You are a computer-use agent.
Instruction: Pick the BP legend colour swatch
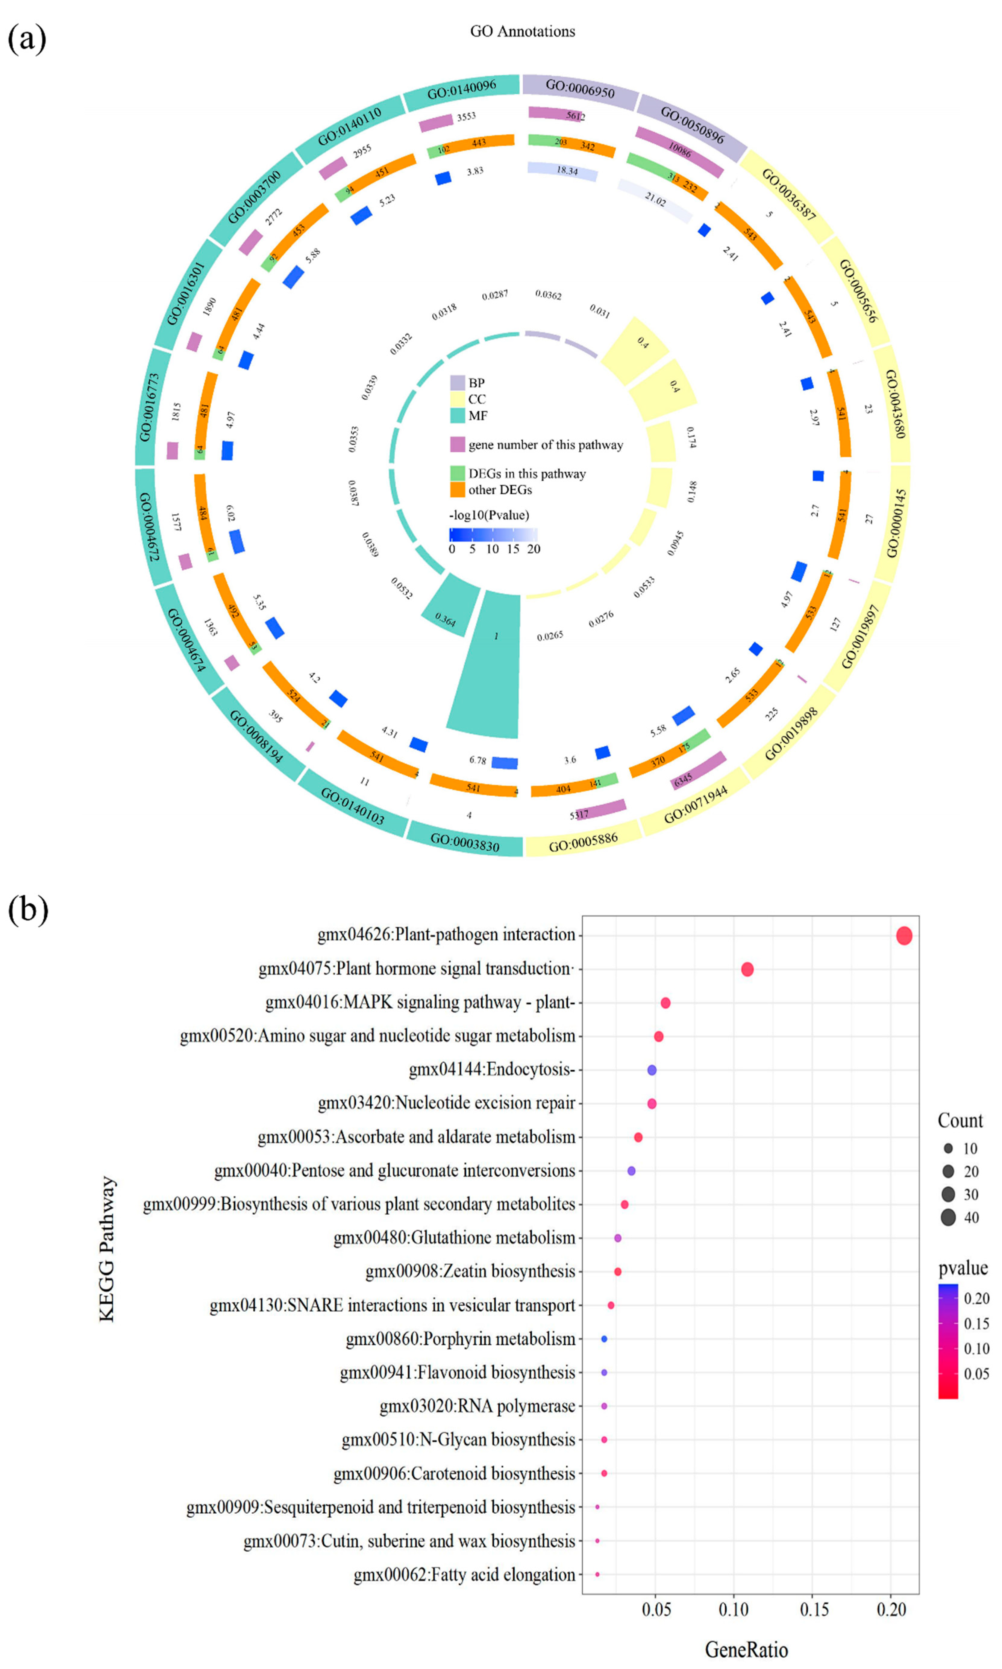458,383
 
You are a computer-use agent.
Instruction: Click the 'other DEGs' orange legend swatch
458,489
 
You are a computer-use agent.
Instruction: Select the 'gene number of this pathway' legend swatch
458,444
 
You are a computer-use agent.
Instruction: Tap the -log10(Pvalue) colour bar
493,534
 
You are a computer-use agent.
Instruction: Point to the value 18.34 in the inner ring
566,171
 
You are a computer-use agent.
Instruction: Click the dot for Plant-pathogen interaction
903,935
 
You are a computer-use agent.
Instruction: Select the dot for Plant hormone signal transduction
747,969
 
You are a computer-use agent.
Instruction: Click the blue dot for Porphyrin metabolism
604,1339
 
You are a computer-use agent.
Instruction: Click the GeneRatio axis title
746,1649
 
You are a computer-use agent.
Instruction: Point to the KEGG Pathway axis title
107,1249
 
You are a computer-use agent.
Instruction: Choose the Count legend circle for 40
948,1217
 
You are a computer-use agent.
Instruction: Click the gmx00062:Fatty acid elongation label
464,1574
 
